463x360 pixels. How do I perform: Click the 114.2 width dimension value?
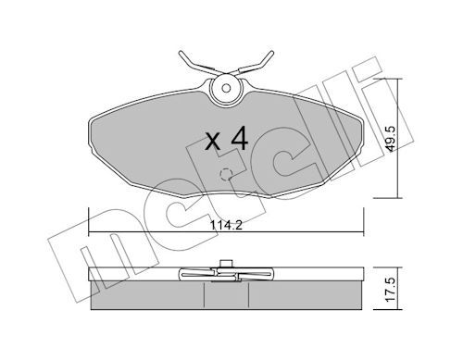[226, 225]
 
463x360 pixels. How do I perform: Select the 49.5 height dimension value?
[392, 139]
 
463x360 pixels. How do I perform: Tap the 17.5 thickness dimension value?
[391, 289]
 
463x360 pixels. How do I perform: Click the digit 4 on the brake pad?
[239, 138]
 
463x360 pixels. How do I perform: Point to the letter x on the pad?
[213, 142]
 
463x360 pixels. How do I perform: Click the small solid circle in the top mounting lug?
[226, 88]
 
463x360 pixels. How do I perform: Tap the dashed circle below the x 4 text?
[226, 175]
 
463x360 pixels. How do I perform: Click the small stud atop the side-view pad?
[226, 264]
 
